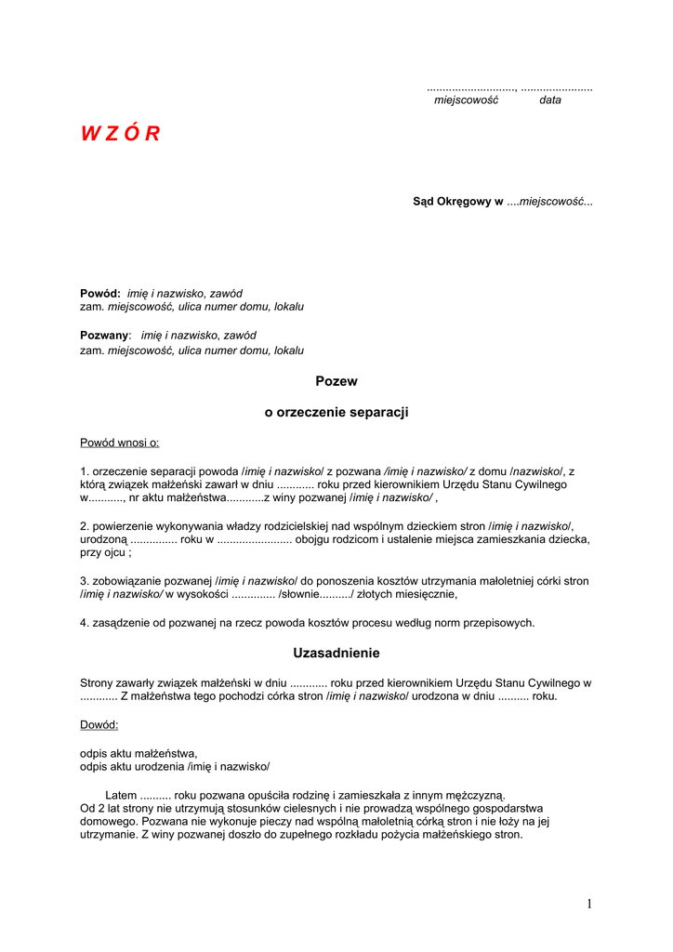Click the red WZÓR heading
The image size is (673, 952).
120,134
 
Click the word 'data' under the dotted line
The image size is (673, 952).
550,100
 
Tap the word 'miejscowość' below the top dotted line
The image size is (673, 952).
466,100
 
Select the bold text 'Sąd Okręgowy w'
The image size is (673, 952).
457,202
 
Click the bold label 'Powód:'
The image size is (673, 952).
100,293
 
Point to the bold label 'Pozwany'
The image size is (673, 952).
104,335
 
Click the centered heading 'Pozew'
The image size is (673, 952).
336,381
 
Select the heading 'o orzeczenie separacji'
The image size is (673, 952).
336,412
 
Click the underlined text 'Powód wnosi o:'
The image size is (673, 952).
120,443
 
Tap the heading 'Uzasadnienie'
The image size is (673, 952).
336,654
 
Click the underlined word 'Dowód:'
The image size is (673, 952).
99,724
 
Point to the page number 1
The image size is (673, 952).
589,904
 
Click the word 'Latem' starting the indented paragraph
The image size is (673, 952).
121,796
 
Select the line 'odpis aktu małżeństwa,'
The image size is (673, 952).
139,753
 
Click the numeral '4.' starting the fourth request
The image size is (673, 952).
85,623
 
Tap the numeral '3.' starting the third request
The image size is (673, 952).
85,581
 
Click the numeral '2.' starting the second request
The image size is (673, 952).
85,526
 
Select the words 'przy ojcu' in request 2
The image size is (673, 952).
102,552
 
